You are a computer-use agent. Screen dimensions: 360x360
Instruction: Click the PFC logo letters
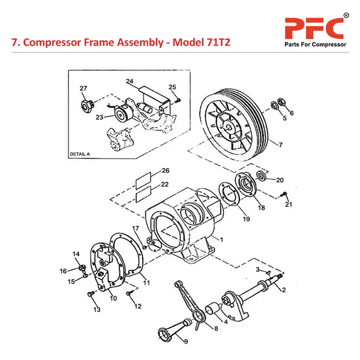[x=313, y=28]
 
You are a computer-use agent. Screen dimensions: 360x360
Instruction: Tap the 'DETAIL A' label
[x=80, y=154]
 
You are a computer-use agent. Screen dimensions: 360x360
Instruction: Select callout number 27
[x=83, y=88]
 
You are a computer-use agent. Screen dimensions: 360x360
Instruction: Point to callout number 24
[x=130, y=82]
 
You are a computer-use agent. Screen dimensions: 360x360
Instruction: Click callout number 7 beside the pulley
[x=280, y=145]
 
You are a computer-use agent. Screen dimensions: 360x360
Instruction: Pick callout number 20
[x=280, y=179]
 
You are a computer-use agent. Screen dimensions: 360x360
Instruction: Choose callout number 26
[x=148, y=171]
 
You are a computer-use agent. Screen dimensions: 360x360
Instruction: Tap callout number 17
[x=136, y=228]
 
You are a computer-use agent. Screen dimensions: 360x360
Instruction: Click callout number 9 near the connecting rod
[x=185, y=341]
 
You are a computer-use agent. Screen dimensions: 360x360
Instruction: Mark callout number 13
[x=97, y=310]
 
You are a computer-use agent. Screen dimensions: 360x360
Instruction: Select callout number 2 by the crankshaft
[x=284, y=290]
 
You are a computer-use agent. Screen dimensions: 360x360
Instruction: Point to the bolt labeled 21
[x=284, y=194]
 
